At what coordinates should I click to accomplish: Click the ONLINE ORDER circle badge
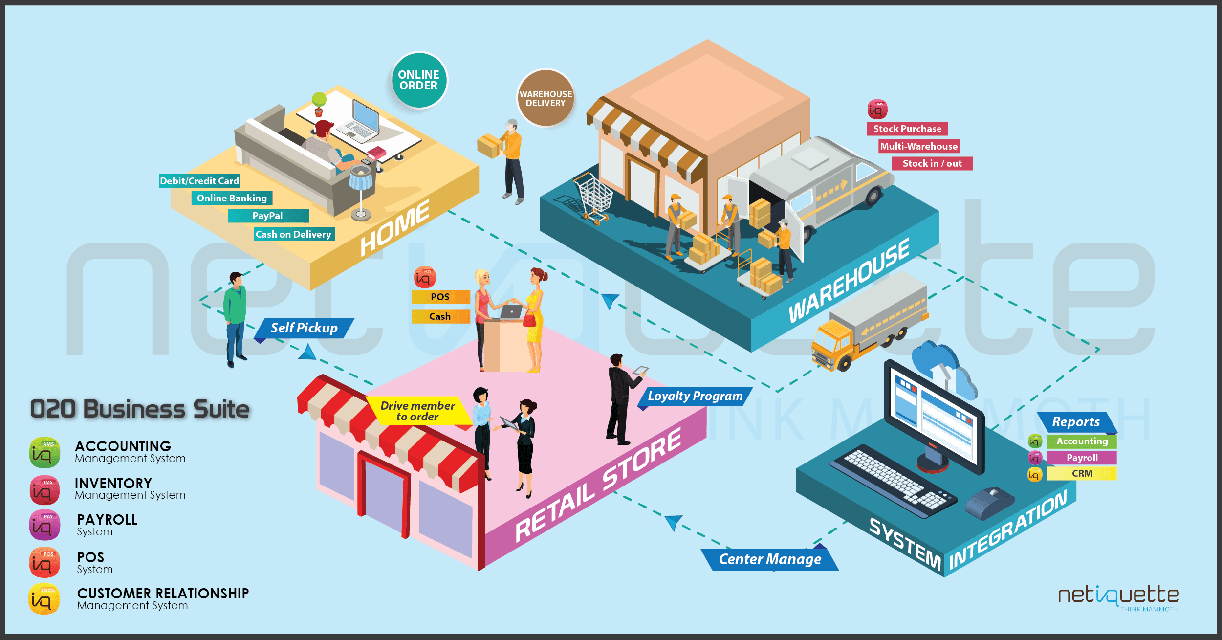pos(419,80)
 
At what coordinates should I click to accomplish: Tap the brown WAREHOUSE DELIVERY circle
pos(546,98)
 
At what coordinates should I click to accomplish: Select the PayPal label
pos(268,216)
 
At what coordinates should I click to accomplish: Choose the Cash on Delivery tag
pos(294,234)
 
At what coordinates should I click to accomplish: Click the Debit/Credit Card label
pos(199,181)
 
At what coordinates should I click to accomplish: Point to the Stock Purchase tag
pos(907,129)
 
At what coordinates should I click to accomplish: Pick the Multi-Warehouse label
pos(918,146)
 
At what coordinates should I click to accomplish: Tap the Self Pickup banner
pos(304,328)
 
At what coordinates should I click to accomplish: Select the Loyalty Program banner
pos(695,396)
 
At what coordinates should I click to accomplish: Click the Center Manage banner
pos(770,559)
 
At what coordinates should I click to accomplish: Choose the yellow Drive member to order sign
pos(418,411)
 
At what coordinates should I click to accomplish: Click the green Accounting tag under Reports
pos(1082,441)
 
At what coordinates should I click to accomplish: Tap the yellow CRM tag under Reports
pos(1082,473)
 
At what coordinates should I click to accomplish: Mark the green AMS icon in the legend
pos(44,452)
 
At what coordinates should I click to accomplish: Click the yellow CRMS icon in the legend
pos(44,599)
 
